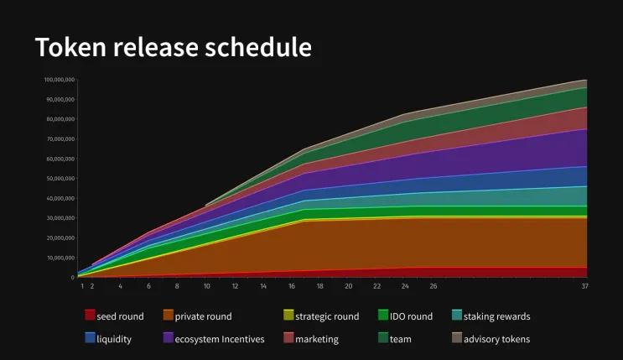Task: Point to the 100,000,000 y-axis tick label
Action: (59, 80)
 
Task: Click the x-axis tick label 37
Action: (584, 286)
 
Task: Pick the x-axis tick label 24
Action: (405, 286)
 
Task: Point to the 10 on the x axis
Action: (206, 286)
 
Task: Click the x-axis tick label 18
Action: (319, 286)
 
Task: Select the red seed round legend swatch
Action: (90, 316)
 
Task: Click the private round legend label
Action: (203, 316)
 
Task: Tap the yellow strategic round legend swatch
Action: (288, 316)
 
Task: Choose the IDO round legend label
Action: (411, 316)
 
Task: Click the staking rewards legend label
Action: (496, 316)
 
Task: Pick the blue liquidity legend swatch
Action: (90, 338)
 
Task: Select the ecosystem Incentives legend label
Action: (219, 339)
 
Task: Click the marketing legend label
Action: (317, 339)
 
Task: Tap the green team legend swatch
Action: (383, 338)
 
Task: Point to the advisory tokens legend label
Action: (496, 339)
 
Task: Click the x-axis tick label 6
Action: (148, 286)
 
